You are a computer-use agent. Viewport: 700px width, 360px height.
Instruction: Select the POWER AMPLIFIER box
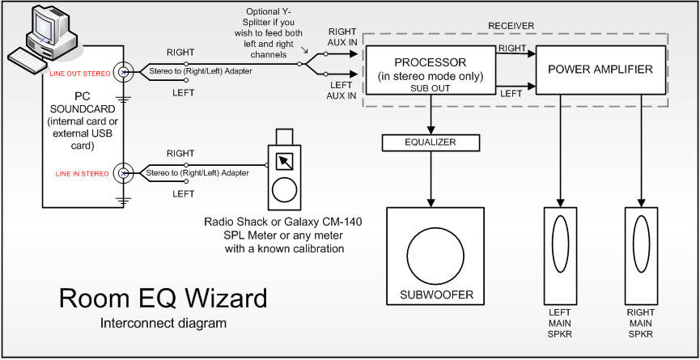point(600,70)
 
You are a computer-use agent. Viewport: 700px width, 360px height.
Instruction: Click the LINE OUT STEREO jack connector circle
point(124,73)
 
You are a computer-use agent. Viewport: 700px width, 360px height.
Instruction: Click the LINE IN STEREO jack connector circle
point(124,172)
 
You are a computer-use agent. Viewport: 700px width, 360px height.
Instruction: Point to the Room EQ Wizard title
point(163,299)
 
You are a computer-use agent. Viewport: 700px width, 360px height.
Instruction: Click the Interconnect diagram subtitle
point(163,324)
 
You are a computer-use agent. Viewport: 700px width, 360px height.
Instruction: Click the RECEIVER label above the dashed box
point(511,25)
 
